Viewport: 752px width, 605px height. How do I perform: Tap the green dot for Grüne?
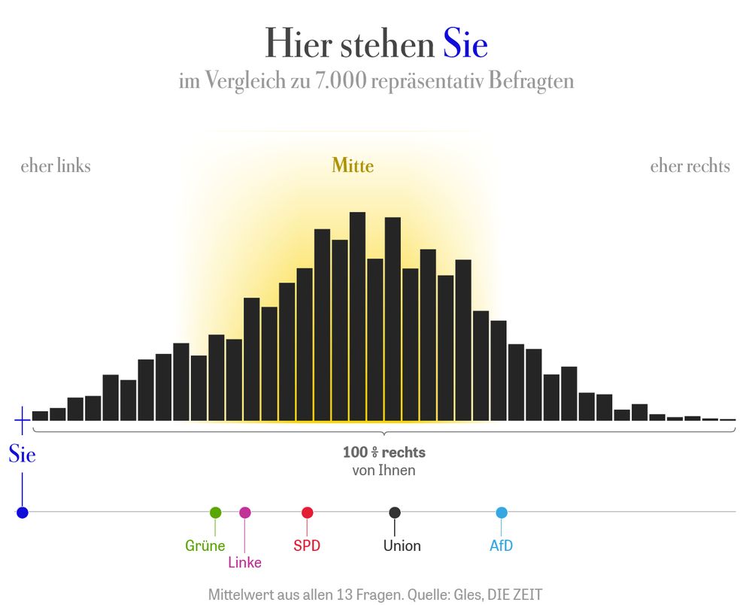coord(215,513)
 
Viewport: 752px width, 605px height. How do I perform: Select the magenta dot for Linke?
coord(245,513)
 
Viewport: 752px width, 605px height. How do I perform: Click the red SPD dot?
coord(307,513)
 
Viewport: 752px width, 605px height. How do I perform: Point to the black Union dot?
coord(395,513)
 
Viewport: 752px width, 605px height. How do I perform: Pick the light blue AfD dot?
coord(502,513)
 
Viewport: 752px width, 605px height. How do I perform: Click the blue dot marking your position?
coord(22,513)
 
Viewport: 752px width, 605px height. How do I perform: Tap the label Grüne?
coord(205,546)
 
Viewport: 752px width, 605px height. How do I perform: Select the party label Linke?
coord(244,563)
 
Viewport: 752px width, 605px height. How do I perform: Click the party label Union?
coord(402,546)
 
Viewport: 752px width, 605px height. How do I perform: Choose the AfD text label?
coord(501,546)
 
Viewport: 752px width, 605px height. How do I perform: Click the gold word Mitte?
coord(353,165)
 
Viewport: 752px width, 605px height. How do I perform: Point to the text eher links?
coord(56,166)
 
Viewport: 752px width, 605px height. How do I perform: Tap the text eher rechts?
coord(690,166)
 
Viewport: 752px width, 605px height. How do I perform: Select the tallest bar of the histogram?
coord(357,316)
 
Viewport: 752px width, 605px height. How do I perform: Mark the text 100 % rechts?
coord(384,452)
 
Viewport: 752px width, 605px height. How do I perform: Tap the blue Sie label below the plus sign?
coord(22,455)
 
